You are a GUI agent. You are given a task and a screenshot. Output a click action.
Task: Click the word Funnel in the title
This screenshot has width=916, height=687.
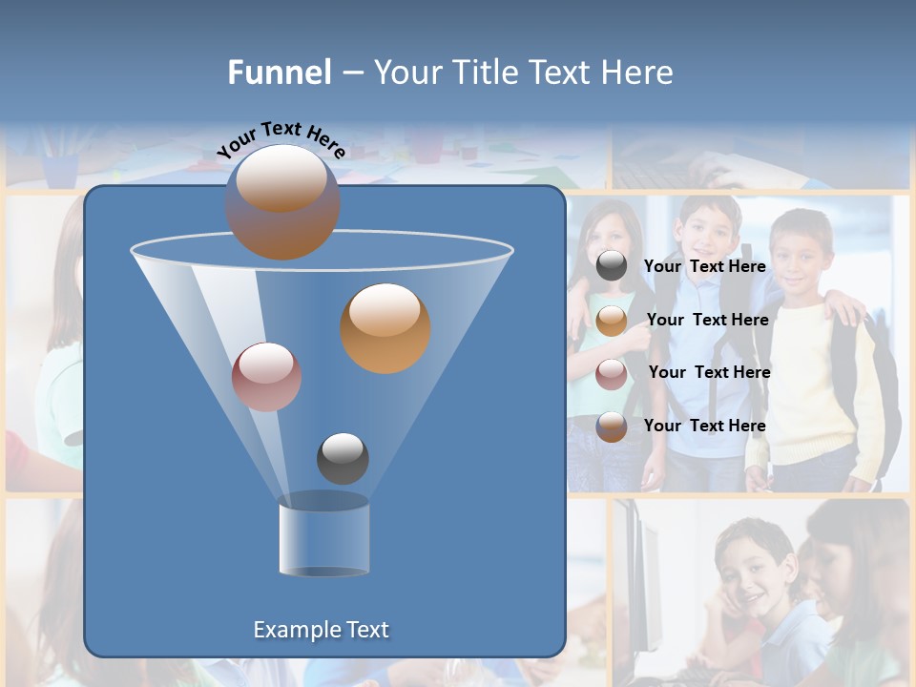click(x=280, y=73)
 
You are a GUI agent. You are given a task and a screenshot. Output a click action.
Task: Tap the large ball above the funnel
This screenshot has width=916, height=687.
click(x=281, y=201)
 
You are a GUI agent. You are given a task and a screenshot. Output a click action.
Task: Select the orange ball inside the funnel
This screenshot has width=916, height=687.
click(x=385, y=327)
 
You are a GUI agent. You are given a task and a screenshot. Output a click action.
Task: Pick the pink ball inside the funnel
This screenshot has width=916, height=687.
click(x=266, y=377)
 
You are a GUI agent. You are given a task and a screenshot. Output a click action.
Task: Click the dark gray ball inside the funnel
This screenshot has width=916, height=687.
click(x=343, y=458)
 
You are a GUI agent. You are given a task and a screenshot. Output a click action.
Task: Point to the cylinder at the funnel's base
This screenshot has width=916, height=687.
click(x=323, y=536)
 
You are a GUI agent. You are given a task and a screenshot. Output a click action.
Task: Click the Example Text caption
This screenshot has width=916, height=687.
click(x=321, y=630)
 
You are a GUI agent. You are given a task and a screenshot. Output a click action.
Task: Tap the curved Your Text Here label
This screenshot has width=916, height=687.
click(x=281, y=140)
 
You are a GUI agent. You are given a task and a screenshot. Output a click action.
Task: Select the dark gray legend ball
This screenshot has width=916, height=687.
click(x=612, y=266)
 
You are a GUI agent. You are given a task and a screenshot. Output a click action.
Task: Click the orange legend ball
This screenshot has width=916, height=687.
click(x=612, y=321)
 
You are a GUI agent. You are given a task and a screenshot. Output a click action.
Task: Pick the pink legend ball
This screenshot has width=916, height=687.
click(x=612, y=373)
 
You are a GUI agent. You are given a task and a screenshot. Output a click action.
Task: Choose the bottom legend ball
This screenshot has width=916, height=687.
click(x=612, y=427)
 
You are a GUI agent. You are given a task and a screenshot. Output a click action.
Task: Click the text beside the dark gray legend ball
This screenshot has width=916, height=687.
click(x=704, y=266)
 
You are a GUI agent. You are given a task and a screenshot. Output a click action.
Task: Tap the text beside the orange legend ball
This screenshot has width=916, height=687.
click(x=707, y=320)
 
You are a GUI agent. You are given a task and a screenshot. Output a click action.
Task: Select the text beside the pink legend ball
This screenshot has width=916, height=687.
click(x=709, y=372)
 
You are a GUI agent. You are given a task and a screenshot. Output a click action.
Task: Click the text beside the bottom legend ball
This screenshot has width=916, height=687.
click(x=704, y=426)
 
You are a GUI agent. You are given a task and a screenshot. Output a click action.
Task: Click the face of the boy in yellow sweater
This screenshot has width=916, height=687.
click(x=800, y=250)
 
